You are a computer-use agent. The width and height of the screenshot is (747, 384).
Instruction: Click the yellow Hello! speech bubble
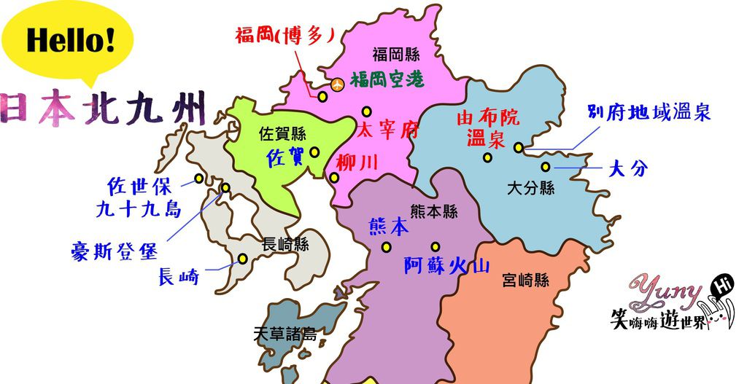pos(69,40)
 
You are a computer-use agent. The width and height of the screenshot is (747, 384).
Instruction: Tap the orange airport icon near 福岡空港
pos(337,85)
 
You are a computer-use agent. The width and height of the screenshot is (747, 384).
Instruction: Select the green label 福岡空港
pos(386,80)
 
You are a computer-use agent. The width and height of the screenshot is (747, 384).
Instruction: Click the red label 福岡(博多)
pos(284,35)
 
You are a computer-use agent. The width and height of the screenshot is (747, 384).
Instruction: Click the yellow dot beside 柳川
pos(334,178)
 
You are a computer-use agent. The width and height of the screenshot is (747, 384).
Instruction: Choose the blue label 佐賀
pos(285,157)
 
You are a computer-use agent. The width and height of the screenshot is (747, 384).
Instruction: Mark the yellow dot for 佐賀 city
pos(314,152)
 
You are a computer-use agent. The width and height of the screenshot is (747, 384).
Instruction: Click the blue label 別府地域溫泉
pos(649,113)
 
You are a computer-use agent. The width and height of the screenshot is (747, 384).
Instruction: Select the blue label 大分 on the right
pos(627,169)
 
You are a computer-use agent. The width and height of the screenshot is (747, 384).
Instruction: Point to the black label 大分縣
pos(531,189)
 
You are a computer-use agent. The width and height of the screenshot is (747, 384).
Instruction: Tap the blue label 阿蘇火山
pos(446,267)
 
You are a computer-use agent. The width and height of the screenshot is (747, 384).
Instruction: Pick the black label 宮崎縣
pos(525,280)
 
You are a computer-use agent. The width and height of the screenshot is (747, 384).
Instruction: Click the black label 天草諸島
pos(285,334)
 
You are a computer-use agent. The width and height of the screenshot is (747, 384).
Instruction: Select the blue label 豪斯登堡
pos(114,251)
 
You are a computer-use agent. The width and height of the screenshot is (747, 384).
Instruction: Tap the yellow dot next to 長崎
pos(243,259)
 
